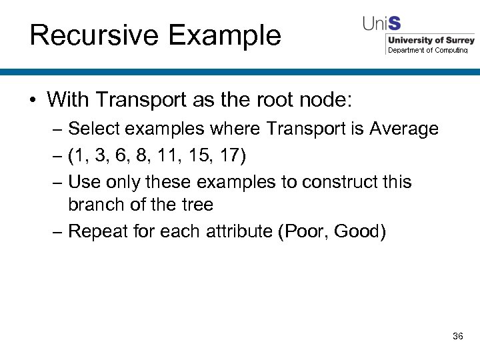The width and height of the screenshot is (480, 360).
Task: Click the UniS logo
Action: pos(381,23)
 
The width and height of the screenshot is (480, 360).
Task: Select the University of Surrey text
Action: pos(431,40)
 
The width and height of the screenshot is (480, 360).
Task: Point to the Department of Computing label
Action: pos(427,50)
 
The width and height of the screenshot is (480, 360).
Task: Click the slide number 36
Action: pos(457,336)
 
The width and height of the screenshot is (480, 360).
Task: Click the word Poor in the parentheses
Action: pos(305,231)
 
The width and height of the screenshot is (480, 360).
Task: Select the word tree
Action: pos(197,204)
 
